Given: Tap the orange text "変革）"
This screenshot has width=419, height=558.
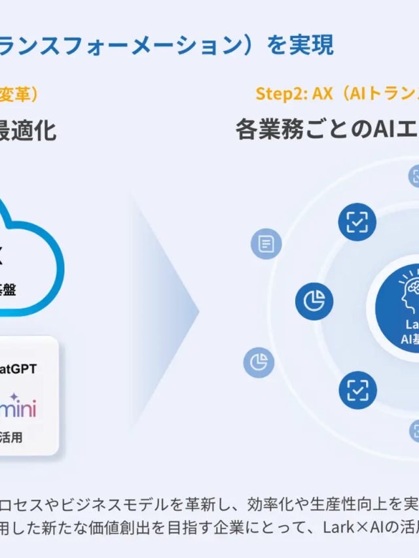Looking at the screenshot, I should [x=20, y=94].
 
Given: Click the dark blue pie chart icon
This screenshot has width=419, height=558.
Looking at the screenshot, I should [x=314, y=301].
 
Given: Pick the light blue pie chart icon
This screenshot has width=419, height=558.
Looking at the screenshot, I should [x=259, y=362].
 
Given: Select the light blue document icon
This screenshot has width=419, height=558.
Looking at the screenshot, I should [x=266, y=245].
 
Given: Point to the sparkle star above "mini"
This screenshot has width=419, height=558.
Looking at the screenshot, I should [x=14, y=396].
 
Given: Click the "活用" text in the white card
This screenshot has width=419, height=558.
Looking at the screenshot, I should [x=11, y=437].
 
